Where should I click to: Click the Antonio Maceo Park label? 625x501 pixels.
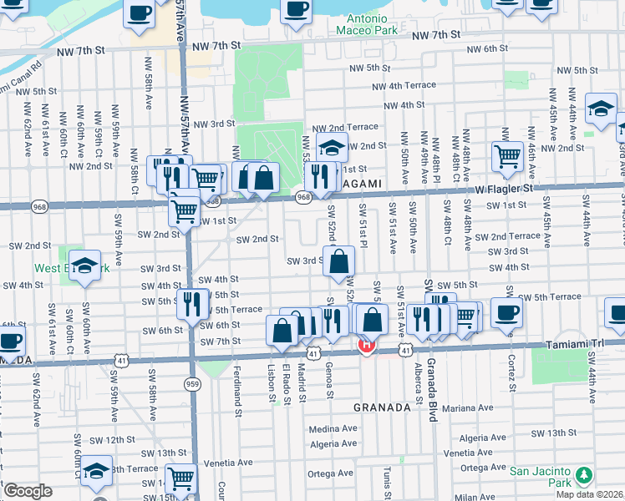click(x=363, y=23)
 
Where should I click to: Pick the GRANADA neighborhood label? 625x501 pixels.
click(x=382, y=407)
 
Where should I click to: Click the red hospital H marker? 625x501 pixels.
click(x=365, y=344)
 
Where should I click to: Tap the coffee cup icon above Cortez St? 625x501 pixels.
click(x=506, y=313)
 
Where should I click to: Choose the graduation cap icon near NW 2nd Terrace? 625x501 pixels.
click(x=332, y=148)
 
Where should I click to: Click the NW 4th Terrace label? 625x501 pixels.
click(x=404, y=86)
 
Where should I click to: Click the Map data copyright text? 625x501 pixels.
click(x=589, y=494)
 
